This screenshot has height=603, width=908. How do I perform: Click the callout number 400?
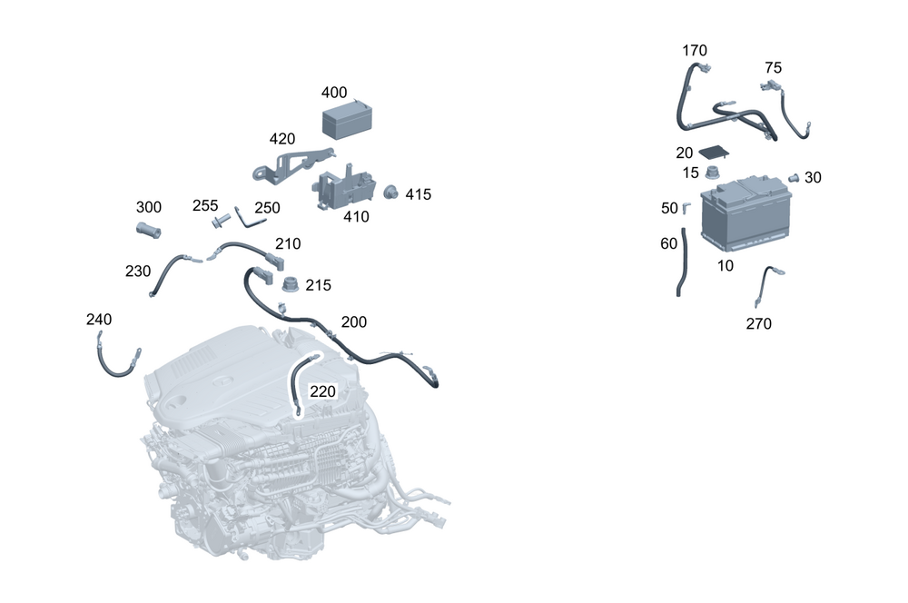pos(334,93)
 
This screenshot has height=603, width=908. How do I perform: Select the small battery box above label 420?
pos(350,120)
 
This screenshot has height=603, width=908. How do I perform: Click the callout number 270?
pos(759,323)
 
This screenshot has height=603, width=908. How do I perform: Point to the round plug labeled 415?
pos(392,192)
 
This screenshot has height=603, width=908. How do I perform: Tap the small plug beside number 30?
pos(793,178)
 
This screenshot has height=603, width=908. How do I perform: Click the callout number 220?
pos(323,391)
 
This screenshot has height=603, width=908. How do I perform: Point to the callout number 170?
pos(695,51)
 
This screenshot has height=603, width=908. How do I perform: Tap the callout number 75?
pos(773,67)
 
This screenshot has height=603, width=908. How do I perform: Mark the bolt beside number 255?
pos(219,221)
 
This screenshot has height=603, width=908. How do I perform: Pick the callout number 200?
pos(354,322)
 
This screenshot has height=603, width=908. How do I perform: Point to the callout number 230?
pos(138,271)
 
